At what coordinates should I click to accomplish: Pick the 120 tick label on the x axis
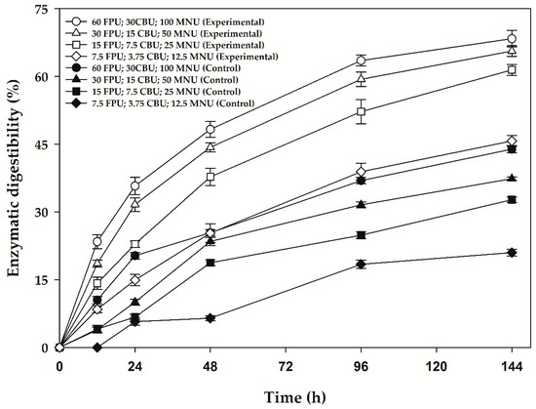436,366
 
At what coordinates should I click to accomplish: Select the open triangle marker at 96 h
362,79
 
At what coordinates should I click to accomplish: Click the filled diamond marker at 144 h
512,253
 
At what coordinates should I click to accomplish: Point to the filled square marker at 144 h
512,199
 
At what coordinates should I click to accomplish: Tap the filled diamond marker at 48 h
211,318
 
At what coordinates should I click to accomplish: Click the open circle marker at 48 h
211,129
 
